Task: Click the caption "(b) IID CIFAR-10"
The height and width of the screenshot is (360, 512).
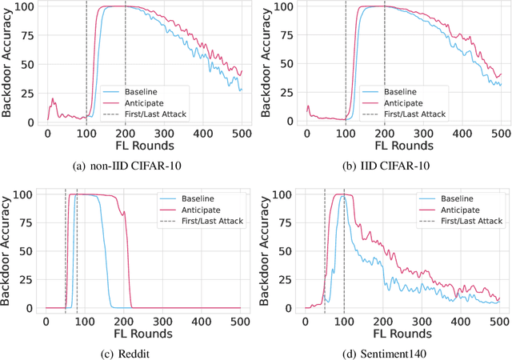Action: (x=386, y=167)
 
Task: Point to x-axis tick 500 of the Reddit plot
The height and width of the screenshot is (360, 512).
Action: (x=240, y=320)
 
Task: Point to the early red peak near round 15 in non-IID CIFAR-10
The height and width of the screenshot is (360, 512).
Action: (x=53, y=100)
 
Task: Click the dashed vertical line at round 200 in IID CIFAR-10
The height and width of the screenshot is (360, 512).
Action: (x=385, y=64)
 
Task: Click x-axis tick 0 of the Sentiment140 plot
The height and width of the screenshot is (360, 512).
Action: (x=306, y=320)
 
